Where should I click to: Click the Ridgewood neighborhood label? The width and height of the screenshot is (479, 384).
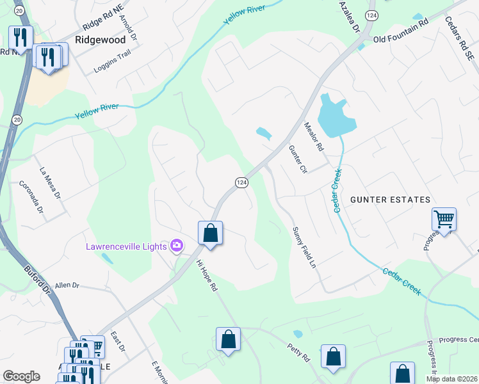pos(100,39)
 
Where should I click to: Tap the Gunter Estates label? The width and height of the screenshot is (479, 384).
pos(390,200)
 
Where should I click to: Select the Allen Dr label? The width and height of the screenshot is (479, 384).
pos(67,285)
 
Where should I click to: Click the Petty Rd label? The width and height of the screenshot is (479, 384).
pos(298,351)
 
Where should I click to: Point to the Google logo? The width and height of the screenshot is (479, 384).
pos(21,376)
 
